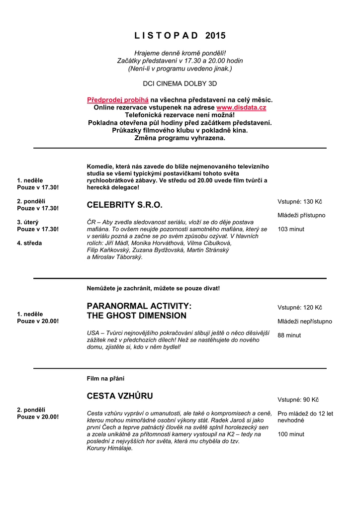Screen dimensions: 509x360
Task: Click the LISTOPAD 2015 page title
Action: [x=180, y=36]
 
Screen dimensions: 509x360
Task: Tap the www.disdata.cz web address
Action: [x=241, y=107]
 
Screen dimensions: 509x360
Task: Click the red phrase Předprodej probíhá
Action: [x=118, y=100]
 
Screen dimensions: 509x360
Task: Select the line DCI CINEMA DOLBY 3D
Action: [x=180, y=84]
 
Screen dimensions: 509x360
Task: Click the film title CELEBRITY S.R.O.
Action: [x=125, y=205]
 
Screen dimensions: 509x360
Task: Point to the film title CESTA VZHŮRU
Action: [x=120, y=396]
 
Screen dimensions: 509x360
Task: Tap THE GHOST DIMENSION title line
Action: [x=137, y=316]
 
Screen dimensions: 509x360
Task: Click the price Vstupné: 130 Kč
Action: [x=300, y=201]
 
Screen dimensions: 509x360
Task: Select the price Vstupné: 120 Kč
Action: [x=300, y=308]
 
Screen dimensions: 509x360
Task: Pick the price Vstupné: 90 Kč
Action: [x=298, y=400]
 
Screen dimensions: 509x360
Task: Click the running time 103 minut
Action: [x=291, y=229]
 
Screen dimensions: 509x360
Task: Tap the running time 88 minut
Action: [x=289, y=336]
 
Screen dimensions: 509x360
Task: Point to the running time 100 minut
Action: [x=291, y=434]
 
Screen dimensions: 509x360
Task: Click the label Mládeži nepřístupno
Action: [x=304, y=322]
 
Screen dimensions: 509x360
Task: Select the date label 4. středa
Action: [x=29, y=243]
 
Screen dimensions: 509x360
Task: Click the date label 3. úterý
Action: [x=28, y=222]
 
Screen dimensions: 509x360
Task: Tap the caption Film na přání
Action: [x=105, y=379]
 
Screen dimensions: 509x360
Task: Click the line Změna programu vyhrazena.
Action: [x=180, y=138]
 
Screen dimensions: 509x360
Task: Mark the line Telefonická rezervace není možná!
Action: [x=180, y=115]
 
